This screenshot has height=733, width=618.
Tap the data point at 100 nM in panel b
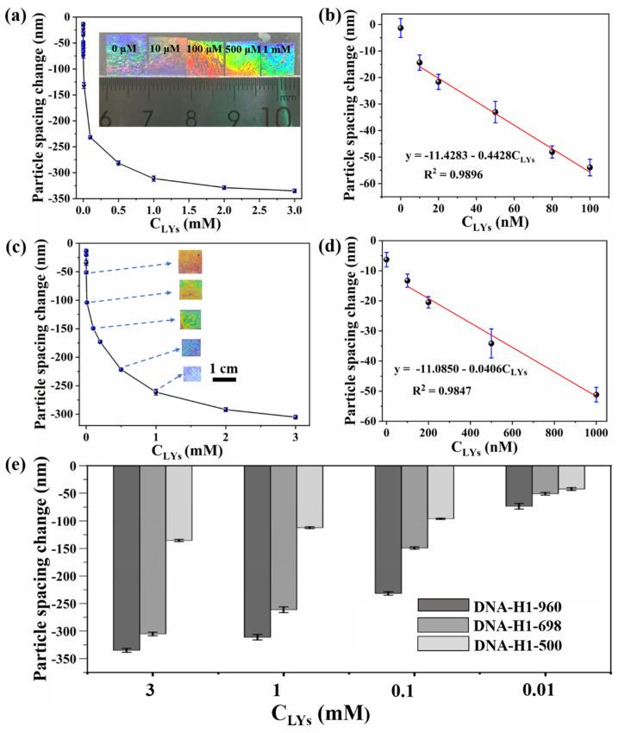(x=590, y=167)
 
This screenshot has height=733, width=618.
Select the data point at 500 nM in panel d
(x=491, y=343)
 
